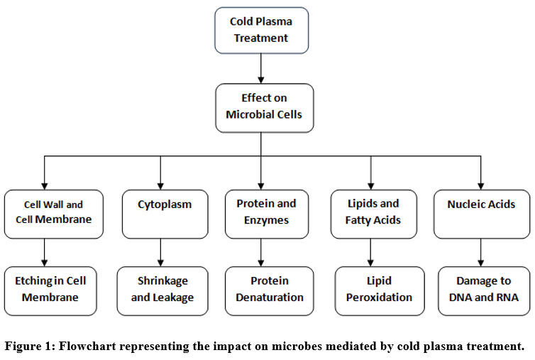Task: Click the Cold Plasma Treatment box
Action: (x=262, y=31)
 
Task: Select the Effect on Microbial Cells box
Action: (x=265, y=108)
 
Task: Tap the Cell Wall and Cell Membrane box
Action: (x=53, y=214)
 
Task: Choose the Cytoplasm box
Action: (x=165, y=214)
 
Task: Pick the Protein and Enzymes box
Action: (x=267, y=214)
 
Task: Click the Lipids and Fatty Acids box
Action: (x=374, y=214)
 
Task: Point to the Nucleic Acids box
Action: (x=482, y=214)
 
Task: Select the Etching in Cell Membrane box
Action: (x=50, y=291)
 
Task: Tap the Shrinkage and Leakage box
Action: (x=162, y=291)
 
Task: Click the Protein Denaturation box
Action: (x=269, y=291)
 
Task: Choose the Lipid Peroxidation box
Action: (x=380, y=291)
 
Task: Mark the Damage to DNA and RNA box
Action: (x=484, y=291)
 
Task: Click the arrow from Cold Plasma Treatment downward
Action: (x=261, y=69)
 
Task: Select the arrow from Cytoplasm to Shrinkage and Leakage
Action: (x=160, y=253)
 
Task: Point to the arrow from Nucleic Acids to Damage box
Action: (x=481, y=253)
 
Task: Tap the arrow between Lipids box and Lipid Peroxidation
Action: (x=370, y=253)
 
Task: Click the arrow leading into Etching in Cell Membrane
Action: (x=45, y=253)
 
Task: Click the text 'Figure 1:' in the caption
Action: (x=30, y=346)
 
